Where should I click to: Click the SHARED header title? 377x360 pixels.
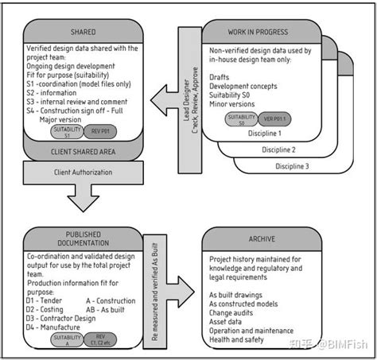pyautogui.click(x=84, y=33)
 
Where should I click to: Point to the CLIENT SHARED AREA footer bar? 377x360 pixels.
pyautogui.click(x=84, y=150)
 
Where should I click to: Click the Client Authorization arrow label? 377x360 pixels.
pyautogui.click(x=84, y=172)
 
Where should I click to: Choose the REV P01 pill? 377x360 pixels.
pyautogui.click(x=99, y=131)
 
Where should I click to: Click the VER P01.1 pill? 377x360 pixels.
pyautogui.click(x=274, y=120)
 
